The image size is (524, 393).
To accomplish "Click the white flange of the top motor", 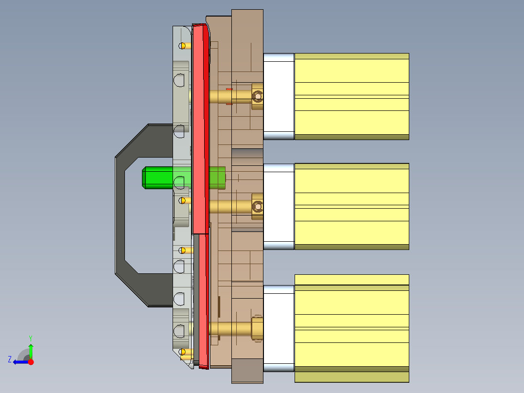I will [279, 96].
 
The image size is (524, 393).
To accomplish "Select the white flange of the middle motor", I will [279, 207].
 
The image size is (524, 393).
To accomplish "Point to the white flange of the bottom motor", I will [279, 328].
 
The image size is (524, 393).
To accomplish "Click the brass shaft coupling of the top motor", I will [257, 96].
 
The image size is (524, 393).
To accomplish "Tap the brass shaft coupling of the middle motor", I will [257, 207].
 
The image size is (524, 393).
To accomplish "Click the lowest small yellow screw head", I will [183, 352].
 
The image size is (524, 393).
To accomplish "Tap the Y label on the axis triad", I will [30, 338].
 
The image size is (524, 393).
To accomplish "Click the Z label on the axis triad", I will [10, 359].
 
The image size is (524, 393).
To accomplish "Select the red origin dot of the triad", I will [31, 362].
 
